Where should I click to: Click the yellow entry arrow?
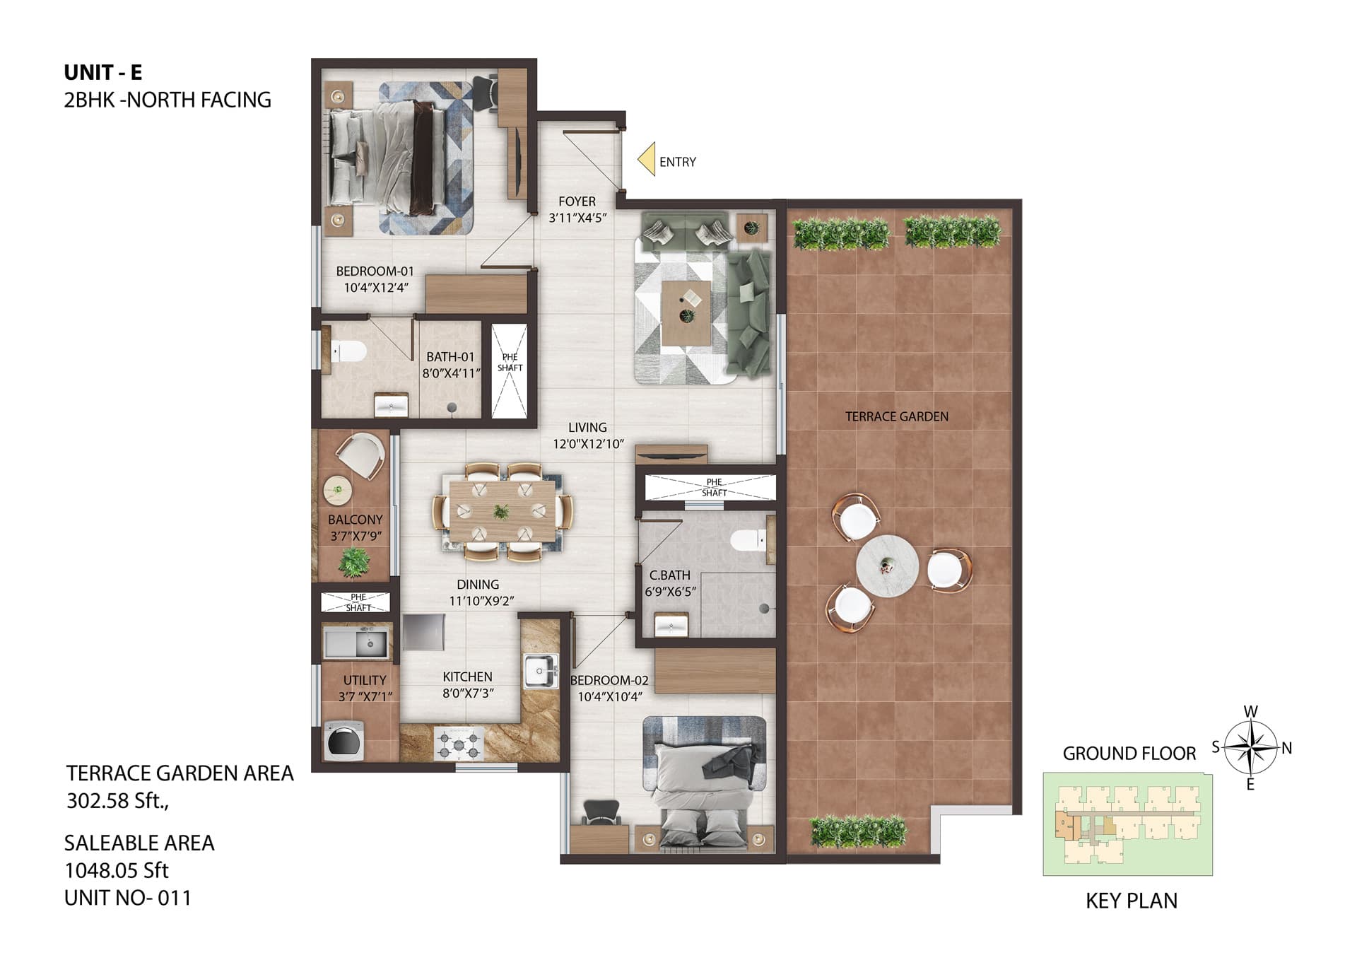647,160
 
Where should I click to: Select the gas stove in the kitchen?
459,744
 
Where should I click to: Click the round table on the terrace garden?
887,566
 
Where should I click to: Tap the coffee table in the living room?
686,313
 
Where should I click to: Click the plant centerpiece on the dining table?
501,511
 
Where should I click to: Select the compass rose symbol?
1250,747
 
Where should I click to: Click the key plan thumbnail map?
1128,824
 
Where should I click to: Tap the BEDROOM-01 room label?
375,271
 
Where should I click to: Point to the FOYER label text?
577,201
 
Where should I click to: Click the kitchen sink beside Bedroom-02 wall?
541,670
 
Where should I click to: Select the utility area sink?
356,644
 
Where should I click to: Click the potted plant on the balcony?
353,562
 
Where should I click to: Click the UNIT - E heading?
103,72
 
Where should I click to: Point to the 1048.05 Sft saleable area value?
117,870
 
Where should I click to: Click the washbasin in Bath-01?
391,405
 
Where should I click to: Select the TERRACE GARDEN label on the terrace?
897,416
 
